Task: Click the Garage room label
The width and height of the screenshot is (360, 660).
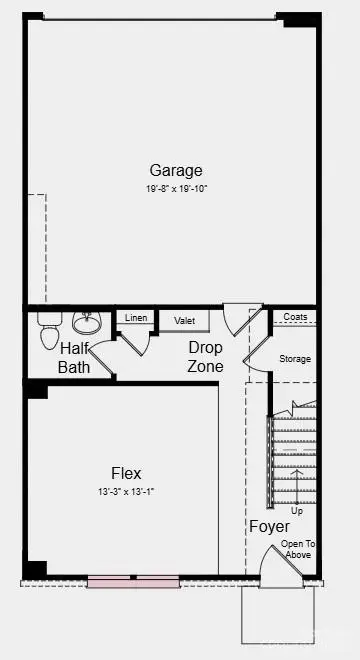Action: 176,170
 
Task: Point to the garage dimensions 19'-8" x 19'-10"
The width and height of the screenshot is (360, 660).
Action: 176,187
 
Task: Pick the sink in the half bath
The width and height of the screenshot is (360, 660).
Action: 87,323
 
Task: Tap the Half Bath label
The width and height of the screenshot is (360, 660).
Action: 75,358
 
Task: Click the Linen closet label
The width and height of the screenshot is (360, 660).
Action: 136,318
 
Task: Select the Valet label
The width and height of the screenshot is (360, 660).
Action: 184,320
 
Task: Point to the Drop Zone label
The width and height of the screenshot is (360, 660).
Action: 206,357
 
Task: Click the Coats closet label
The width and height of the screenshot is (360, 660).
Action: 295,317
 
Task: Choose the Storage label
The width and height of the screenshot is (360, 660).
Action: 295,359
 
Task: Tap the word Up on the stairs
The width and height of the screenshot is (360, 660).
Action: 297,511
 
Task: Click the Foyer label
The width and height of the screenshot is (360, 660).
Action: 269,527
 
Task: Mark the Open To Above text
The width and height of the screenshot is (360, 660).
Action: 298,549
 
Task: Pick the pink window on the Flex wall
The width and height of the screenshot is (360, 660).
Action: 132,579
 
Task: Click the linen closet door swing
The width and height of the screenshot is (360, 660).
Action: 136,341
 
